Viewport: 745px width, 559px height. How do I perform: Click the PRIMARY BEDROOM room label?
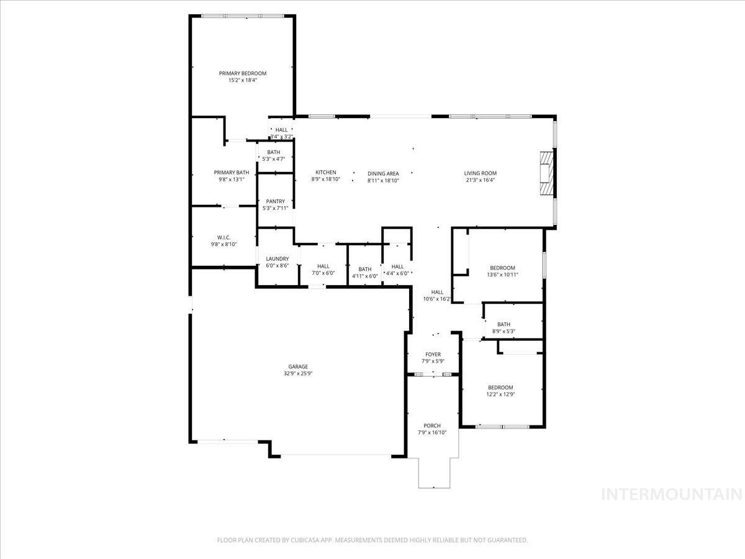click(x=242, y=73)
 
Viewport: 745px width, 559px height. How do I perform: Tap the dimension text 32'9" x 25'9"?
click(x=297, y=374)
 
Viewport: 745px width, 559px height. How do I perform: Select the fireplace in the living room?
click(x=546, y=173)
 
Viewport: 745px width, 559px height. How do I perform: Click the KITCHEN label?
click(x=325, y=173)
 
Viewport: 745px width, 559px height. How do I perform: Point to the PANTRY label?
click(x=275, y=201)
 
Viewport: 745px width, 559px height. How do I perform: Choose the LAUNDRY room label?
click(x=277, y=258)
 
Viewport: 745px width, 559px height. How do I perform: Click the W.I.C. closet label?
click(x=223, y=237)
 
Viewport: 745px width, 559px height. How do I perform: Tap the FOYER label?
click(x=433, y=355)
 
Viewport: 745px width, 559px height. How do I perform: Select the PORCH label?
click(x=432, y=425)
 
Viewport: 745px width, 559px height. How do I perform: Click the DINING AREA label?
click(x=383, y=173)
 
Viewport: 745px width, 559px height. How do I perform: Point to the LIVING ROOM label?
click(x=480, y=173)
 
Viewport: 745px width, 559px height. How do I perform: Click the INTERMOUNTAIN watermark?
click(x=672, y=494)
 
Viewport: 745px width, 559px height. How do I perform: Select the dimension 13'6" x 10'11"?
click(x=502, y=275)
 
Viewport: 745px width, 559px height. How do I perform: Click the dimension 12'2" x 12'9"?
click(x=500, y=394)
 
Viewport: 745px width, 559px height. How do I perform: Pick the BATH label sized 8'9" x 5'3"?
click(x=503, y=324)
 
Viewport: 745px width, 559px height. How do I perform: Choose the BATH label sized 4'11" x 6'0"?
click(x=364, y=269)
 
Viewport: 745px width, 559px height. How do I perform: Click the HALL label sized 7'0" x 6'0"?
click(x=323, y=266)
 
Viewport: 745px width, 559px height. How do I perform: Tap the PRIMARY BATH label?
click(x=232, y=173)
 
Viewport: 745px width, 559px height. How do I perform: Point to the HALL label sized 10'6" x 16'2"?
click(x=437, y=292)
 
